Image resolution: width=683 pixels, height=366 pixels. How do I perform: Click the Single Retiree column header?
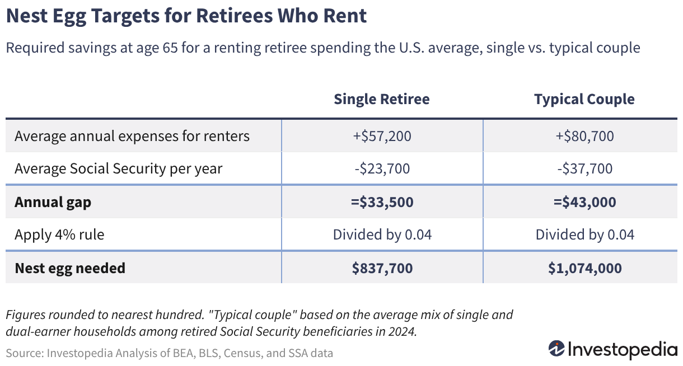(382, 99)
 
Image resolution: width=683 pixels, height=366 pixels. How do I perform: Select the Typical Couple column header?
(584, 100)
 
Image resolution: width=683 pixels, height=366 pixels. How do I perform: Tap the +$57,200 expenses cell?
(382, 136)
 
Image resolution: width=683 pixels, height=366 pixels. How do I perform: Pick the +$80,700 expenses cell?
(585, 136)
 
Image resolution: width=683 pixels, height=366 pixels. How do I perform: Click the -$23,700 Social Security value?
(382, 168)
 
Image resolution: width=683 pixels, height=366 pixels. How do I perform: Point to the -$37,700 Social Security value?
(585, 168)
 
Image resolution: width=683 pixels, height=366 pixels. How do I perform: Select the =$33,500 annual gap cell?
(382, 202)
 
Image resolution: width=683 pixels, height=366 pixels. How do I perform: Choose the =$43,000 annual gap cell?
(585, 202)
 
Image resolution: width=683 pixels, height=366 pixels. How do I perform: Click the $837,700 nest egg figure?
(382, 268)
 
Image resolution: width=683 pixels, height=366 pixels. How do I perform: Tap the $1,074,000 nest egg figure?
(585, 268)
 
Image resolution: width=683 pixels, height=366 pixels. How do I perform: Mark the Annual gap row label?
(53, 203)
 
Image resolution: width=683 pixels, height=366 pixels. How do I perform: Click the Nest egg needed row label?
(70, 269)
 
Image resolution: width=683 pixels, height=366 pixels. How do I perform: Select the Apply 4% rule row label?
(59, 234)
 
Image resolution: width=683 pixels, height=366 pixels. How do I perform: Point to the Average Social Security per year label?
(118, 169)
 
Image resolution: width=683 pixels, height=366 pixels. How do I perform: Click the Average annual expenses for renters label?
(132, 136)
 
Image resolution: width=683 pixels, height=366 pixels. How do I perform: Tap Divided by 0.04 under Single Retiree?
(382, 234)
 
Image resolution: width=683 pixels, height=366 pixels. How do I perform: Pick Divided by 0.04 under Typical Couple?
(585, 234)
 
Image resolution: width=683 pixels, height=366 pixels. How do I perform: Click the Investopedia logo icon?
(556, 349)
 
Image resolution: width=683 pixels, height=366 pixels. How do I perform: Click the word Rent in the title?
(345, 16)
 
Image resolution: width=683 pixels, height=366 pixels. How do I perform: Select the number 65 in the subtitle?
(170, 48)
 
